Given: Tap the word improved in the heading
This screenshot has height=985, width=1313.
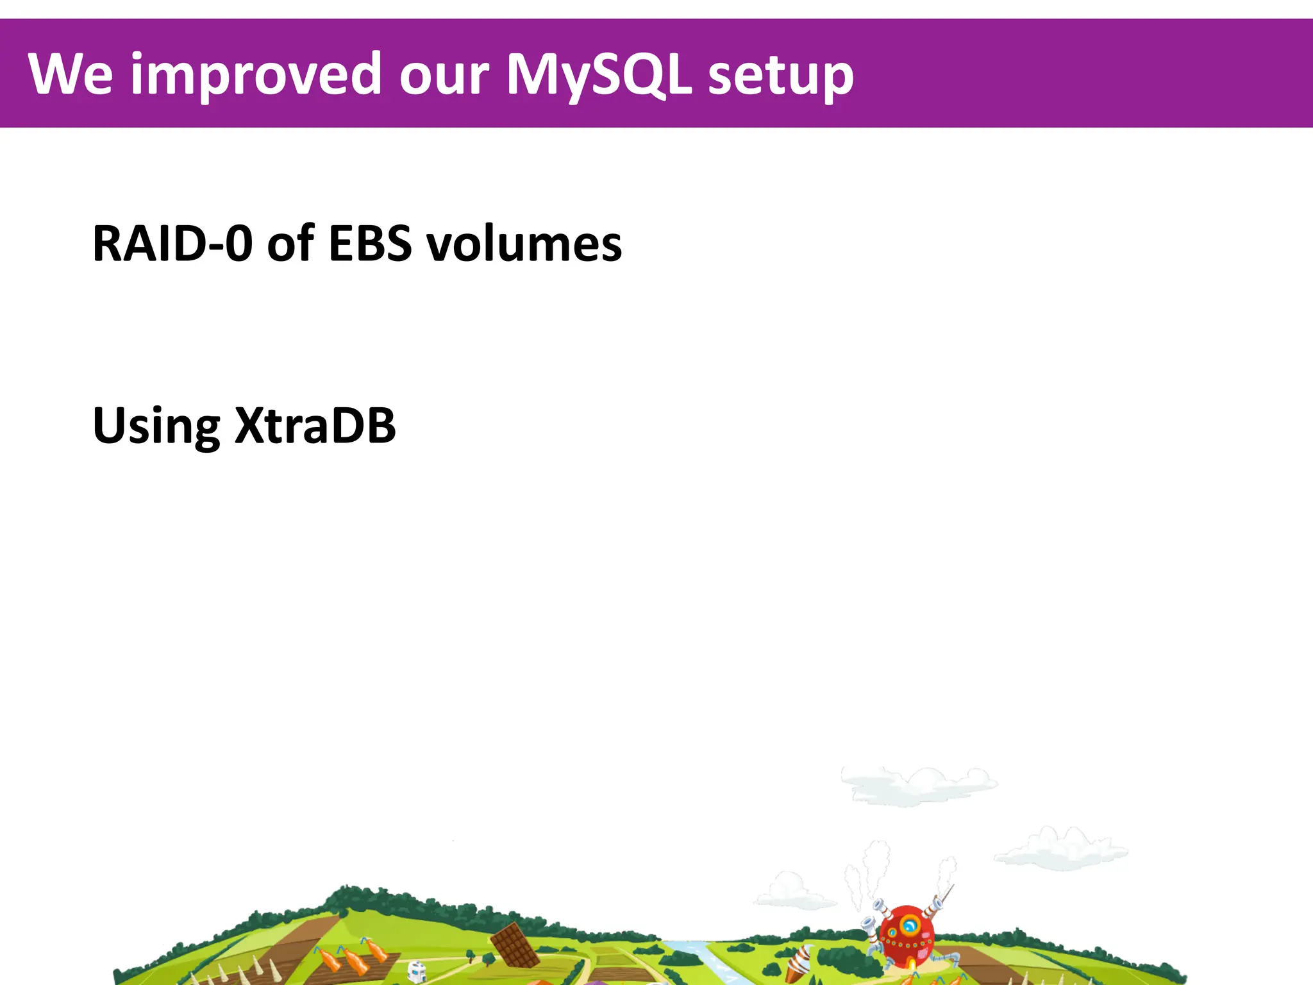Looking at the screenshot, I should click(256, 76).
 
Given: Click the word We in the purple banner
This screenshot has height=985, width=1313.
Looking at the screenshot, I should click(71, 74).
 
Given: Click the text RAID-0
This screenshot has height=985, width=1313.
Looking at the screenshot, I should click(172, 244).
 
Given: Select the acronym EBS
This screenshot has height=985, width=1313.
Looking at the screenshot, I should click(370, 244).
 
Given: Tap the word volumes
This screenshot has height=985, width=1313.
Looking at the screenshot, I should click(524, 244).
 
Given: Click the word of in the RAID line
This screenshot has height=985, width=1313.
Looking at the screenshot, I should click(290, 244).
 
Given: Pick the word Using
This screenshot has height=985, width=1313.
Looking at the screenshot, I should click(156, 426).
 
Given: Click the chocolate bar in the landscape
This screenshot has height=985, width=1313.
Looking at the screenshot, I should click(515, 945).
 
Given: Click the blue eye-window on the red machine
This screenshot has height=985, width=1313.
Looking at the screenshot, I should click(909, 925).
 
